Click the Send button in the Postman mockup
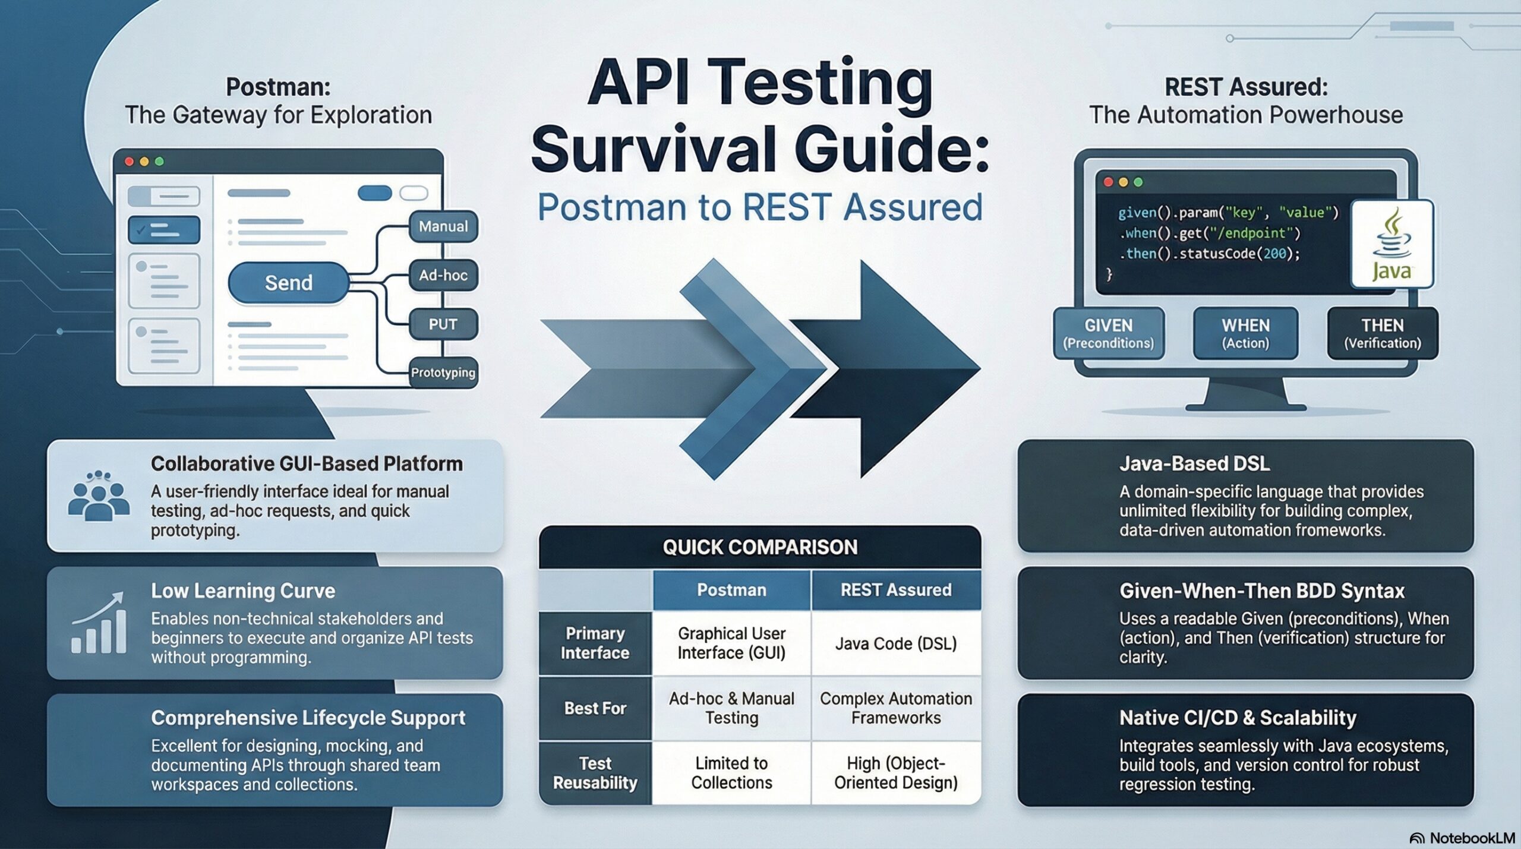288,283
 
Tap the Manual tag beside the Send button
443,226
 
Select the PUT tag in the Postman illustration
443,324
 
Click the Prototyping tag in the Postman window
443,373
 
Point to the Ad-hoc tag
443,275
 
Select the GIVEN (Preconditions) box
1108,333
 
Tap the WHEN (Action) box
1245,333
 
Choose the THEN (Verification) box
1383,333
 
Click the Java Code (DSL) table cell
895,643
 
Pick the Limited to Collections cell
731,772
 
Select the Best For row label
595,708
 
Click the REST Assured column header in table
895,590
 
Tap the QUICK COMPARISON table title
760,547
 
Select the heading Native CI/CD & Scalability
1238,718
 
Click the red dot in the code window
1108,182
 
